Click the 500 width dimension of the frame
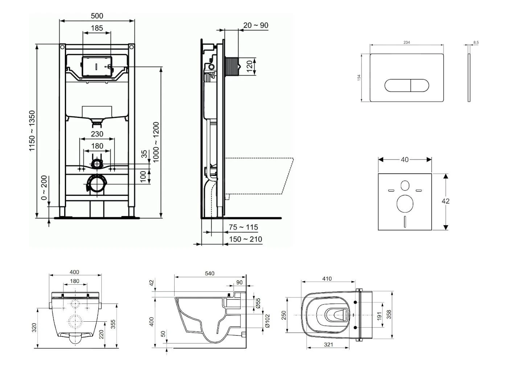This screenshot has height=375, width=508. [x=97, y=16]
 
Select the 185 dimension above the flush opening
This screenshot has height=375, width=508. [x=97, y=28]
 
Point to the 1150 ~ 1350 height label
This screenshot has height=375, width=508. [x=33, y=131]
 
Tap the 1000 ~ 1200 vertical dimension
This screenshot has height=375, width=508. [x=156, y=142]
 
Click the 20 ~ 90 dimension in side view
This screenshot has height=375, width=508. [x=256, y=25]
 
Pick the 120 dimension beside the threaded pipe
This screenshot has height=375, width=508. [x=250, y=66]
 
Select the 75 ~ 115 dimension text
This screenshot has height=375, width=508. [x=243, y=227]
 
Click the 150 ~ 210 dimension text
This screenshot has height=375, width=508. [x=245, y=239]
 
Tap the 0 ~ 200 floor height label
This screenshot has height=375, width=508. [x=44, y=188]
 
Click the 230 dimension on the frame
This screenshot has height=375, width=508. [x=97, y=134]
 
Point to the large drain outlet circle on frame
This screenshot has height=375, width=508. [x=97, y=184]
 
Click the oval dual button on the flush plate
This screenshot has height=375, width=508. [x=407, y=85]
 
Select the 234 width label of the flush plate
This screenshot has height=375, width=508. [x=407, y=42]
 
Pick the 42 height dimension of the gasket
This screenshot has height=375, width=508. [x=446, y=201]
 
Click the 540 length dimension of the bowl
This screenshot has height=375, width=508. [x=210, y=273]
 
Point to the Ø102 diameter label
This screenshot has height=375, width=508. [x=267, y=321]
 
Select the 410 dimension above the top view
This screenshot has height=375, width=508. [x=327, y=279]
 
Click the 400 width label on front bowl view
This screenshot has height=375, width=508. [x=75, y=272]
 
